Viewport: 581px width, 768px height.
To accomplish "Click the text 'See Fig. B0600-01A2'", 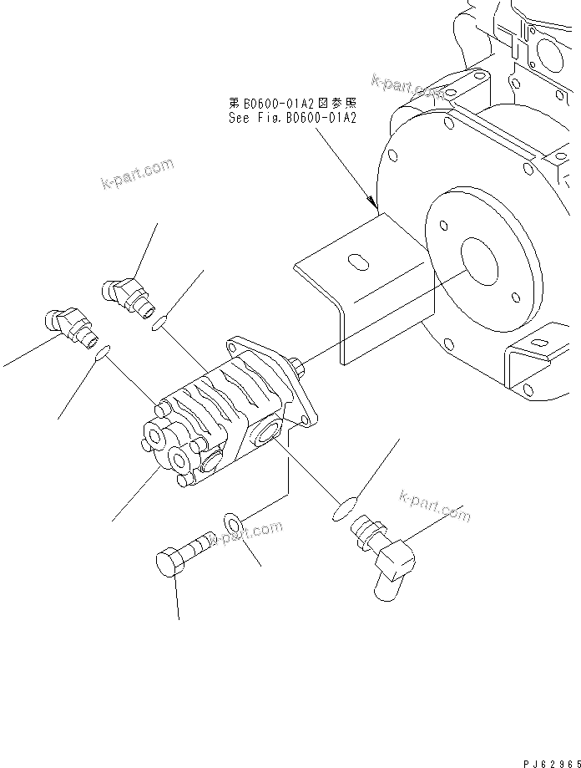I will [x=293, y=119].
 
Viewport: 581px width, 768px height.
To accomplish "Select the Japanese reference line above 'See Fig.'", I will [x=293, y=104].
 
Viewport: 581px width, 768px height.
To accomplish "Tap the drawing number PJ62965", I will [x=551, y=762].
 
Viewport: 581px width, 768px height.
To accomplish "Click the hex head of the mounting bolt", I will [x=170, y=562].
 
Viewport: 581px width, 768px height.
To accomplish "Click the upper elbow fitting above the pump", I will [x=125, y=294].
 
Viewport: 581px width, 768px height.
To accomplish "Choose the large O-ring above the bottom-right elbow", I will [x=345, y=505].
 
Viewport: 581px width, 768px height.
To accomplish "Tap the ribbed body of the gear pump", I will [x=209, y=401].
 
